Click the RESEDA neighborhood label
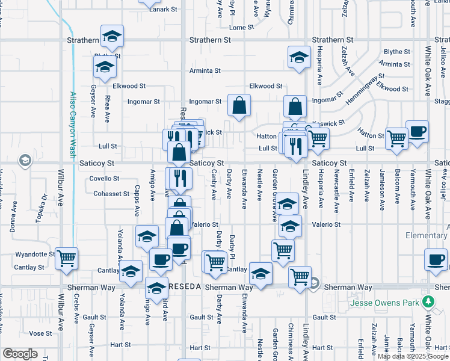click(x=184, y=288)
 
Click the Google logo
click(x=20, y=354)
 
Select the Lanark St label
click(x=164, y=9)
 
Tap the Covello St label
click(x=105, y=179)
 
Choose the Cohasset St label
click(x=112, y=194)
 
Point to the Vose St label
click(x=40, y=333)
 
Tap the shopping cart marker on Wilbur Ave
click(x=66, y=258)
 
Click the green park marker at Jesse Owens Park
click(x=428, y=301)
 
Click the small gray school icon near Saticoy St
click(x=25, y=160)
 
